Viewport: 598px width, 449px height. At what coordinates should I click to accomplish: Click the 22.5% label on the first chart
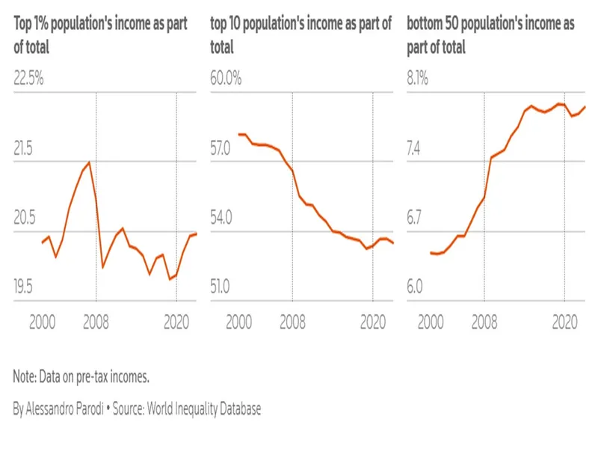(x=30, y=79)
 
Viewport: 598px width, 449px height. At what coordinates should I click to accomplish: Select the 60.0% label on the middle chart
(x=225, y=79)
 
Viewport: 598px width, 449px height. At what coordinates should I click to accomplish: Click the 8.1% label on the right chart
(x=417, y=79)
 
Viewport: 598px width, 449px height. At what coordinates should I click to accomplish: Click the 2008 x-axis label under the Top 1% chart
(x=96, y=322)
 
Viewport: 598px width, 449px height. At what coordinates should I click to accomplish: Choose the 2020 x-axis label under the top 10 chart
(x=372, y=322)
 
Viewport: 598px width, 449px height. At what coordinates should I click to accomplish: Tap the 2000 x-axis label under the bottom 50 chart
(x=431, y=322)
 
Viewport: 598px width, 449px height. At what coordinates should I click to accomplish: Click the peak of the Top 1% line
(x=90, y=162)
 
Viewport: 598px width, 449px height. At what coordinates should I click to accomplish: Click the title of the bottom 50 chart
(x=490, y=35)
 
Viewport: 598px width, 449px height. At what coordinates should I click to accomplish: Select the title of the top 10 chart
(x=301, y=35)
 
